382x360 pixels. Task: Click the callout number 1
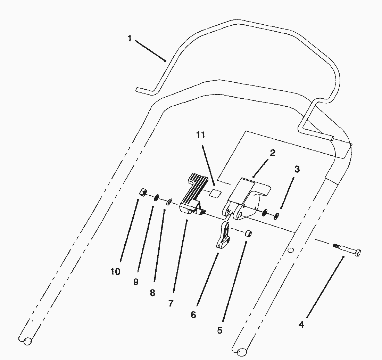pos(130,38)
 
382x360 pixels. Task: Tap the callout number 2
pos(273,153)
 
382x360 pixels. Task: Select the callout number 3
pos(297,170)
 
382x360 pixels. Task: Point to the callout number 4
pos(301,325)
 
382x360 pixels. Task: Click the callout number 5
pos(219,330)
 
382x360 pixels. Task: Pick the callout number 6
pos(193,315)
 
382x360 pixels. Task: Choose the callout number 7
pos(171,303)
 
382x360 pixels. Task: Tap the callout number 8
pos(152,293)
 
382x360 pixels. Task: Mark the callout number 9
pos(135,282)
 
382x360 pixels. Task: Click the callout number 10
pos(115,271)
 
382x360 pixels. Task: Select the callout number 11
pos(201,135)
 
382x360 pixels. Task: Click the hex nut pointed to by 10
pos(143,192)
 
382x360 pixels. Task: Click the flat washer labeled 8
pos(170,202)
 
